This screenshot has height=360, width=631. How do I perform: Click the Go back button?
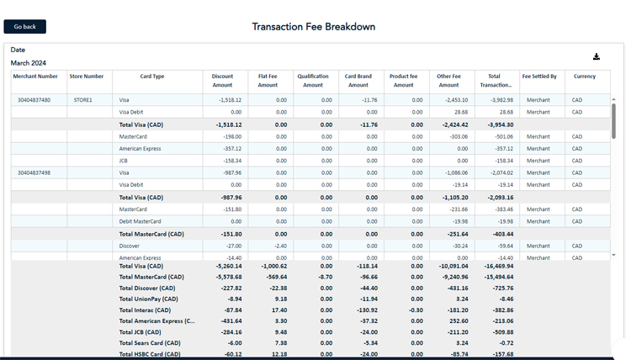pos(24,27)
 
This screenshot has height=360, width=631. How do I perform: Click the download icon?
pos(597,57)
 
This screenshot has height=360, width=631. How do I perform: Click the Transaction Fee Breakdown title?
pos(314,27)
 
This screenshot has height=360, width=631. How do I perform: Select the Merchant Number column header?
pos(35,77)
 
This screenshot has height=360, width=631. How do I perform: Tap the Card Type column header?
pos(152,77)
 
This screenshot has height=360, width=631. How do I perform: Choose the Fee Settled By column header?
pos(539,77)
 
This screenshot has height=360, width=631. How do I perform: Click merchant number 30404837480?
pos(34,100)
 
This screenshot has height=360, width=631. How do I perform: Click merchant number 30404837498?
pos(34,173)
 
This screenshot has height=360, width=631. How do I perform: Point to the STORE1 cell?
pos(82,100)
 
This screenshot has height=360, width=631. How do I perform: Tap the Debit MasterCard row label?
pos(140,222)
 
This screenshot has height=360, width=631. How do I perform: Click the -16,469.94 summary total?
pos(497,266)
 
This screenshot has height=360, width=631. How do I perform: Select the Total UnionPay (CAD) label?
pos(149,299)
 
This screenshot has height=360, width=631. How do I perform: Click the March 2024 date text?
pos(29,63)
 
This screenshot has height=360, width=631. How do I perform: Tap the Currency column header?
pos(585,77)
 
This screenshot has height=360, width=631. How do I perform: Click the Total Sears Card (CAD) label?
pos(150,343)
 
